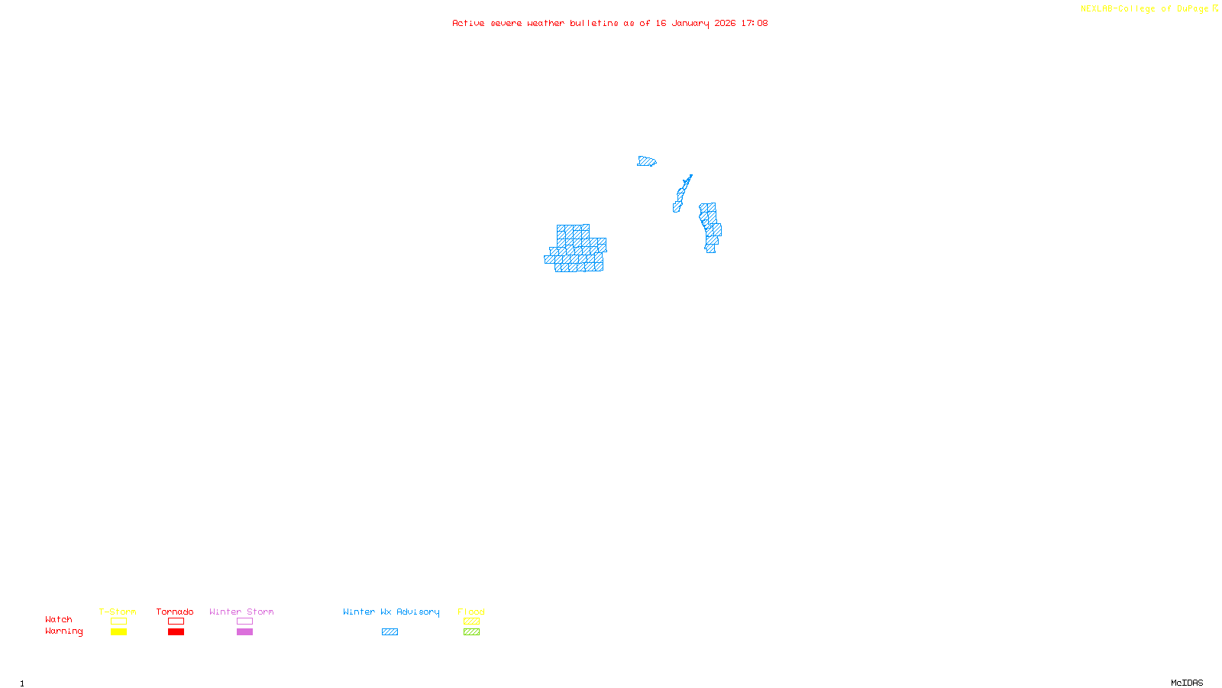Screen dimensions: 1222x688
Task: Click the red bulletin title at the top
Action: click(x=609, y=23)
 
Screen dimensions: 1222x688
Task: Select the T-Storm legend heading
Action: click(x=118, y=612)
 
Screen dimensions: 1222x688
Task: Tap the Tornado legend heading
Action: click(x=175, y=612)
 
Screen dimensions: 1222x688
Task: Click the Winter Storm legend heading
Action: click(x=241, y=612)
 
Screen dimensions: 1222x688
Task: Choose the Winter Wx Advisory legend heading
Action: click(x=391, y=612)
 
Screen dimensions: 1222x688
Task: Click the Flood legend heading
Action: click(x=471, y=612)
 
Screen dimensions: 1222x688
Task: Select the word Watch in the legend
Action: click(x=59, y=619)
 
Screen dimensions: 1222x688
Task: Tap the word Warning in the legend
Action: click(x=63, y=631)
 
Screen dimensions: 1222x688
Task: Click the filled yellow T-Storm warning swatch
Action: click(x=118, y=632)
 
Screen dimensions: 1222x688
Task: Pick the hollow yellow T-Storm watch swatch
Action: click(x=118, y=621)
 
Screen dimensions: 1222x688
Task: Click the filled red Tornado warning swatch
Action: click(x=176, y=632)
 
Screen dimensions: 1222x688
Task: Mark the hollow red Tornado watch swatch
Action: click(x=176, y=621)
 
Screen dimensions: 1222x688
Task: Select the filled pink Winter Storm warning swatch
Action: click(x=244, y=632)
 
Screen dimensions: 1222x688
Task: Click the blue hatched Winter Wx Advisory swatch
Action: click(x=390, y=632)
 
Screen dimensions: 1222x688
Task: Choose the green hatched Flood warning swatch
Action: click(x=471, y=632)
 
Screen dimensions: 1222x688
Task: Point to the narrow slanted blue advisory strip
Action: click(x=682, y=193)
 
